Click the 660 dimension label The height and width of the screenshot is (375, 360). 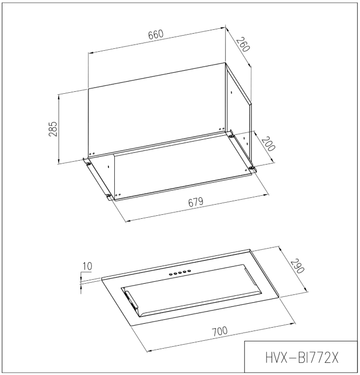pyautogui.click(x=156, y=35)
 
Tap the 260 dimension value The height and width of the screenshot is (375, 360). pyautogui.click(x=243, y=44)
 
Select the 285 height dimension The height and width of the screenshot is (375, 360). pyautogui.click(x=53, y=129)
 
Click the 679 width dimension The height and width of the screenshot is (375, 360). pyautogui.click(x=196, y=202)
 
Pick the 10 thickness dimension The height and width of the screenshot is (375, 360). pyautogui.click(x=87, y=266)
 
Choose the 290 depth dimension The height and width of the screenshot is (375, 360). pyautogui.click(x=297, y=266)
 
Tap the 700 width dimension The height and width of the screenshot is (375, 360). pyautogui.click(x=220, y=332)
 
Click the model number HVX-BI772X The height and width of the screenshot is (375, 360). pyautogui.click(x=302, y=358)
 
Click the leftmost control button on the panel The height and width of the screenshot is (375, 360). pyautogui.click(x=170, y=274)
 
